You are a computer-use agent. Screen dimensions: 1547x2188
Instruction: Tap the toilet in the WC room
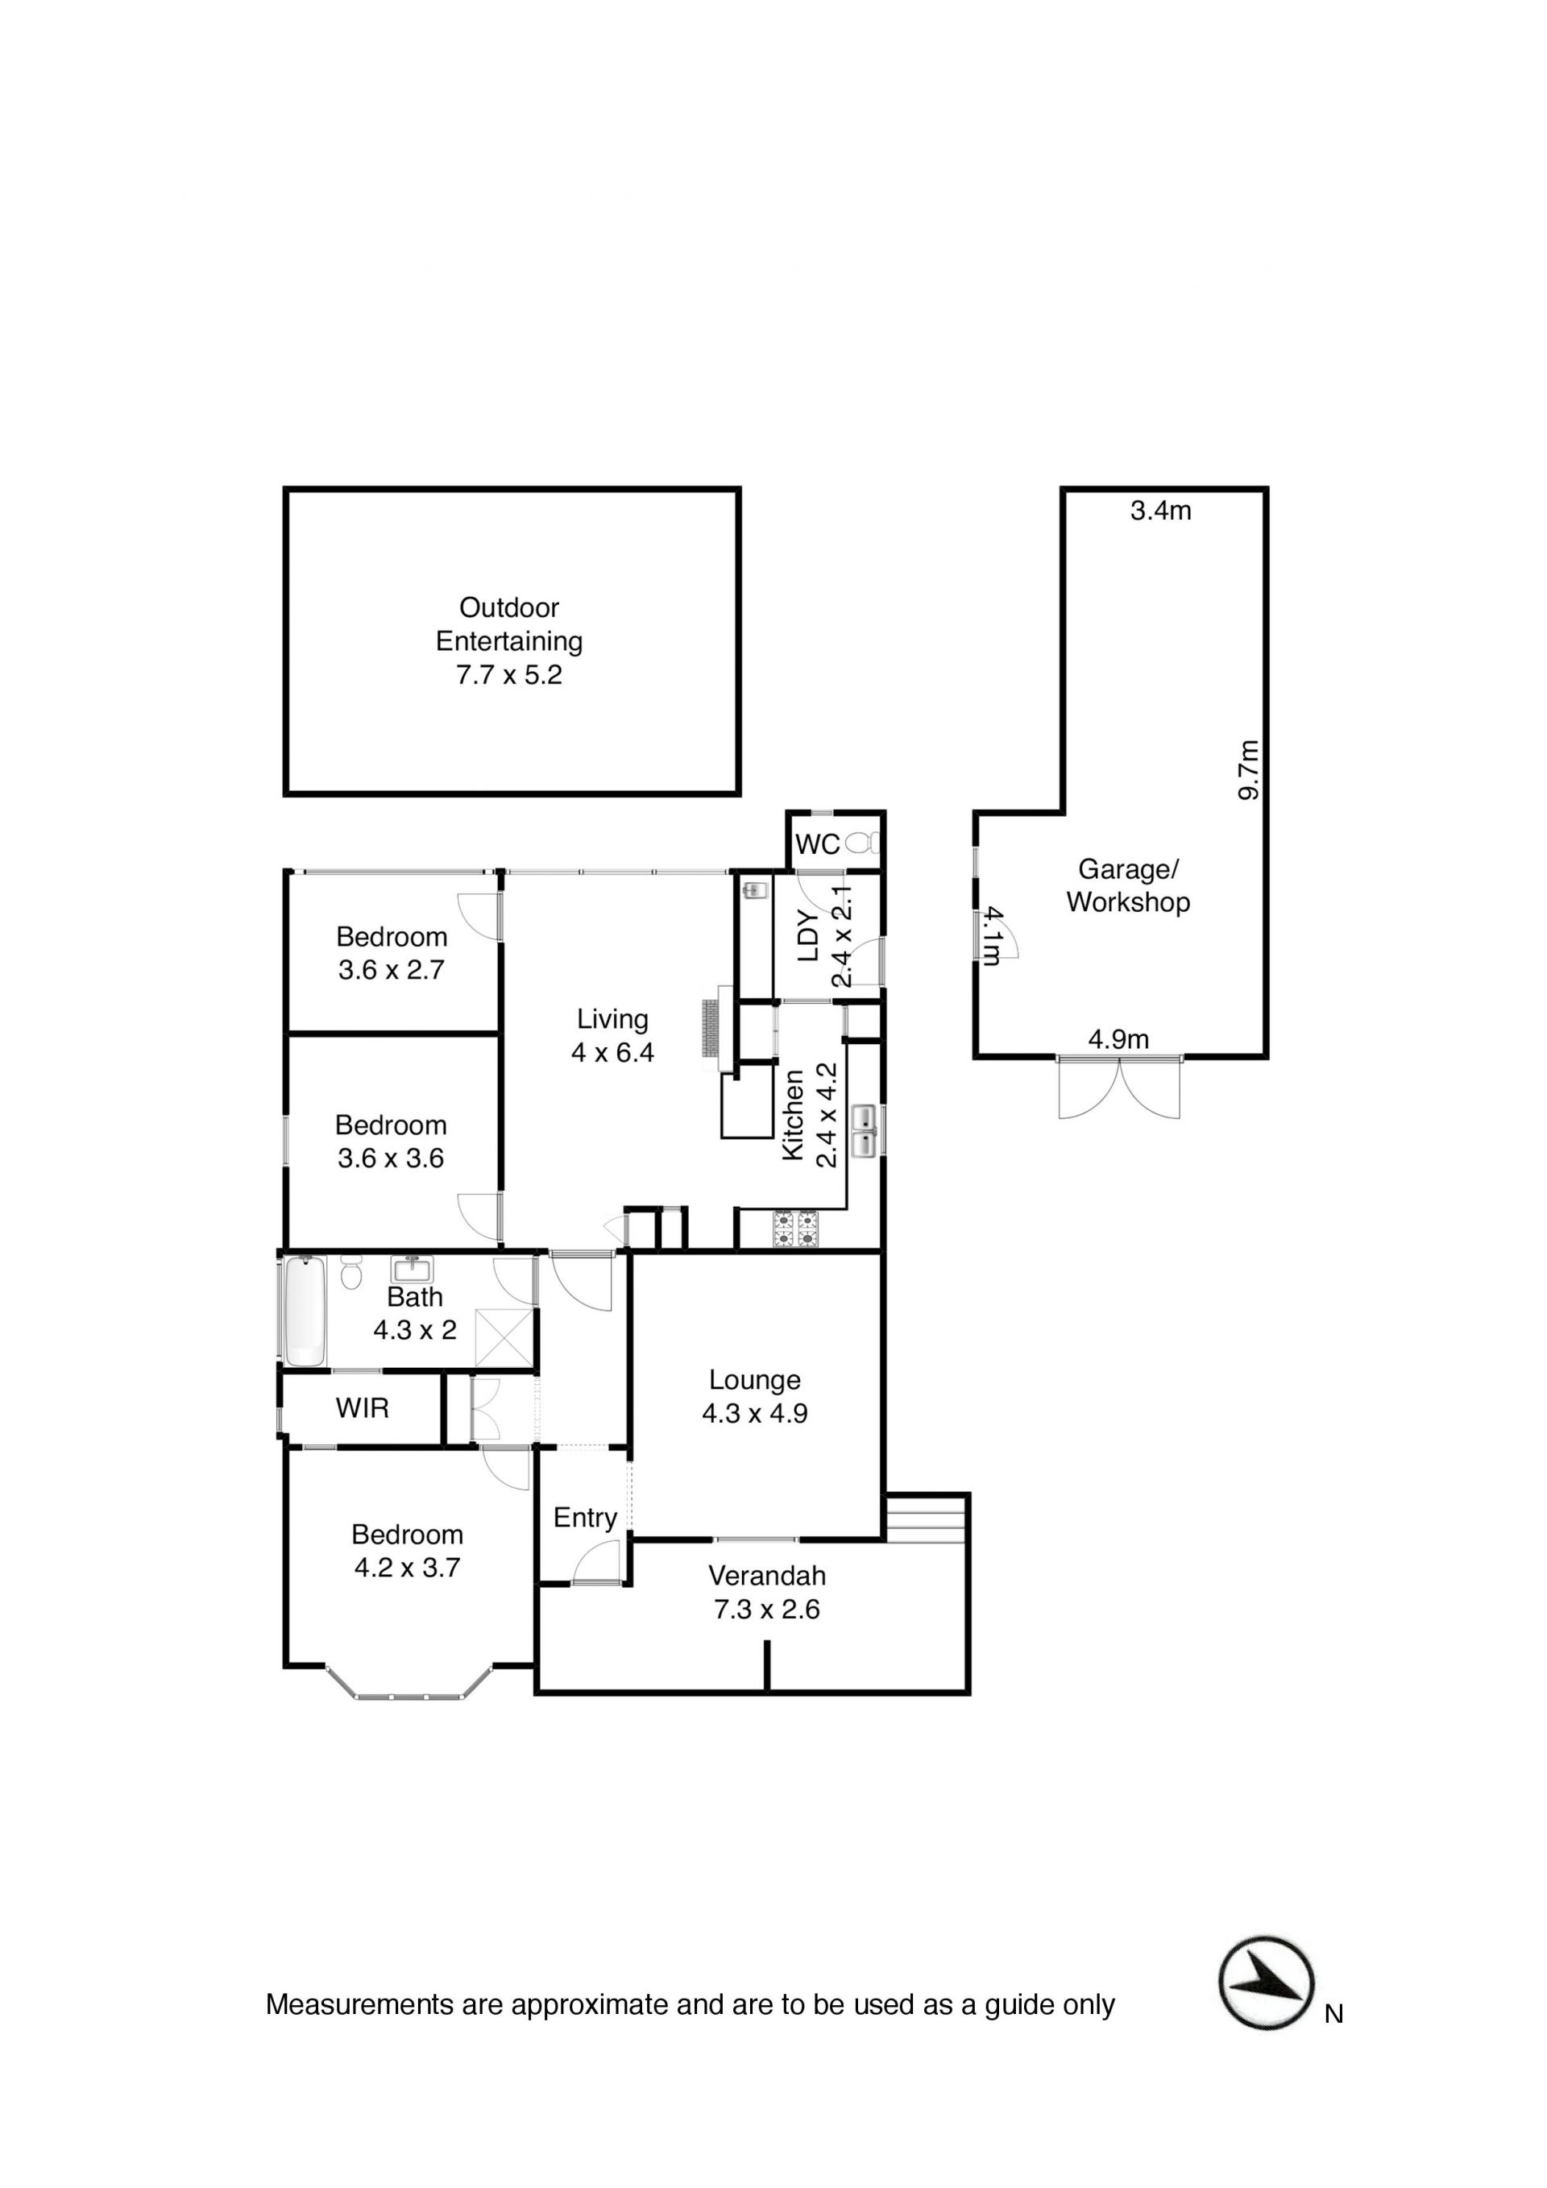pyautogui.click(x=861, y=843)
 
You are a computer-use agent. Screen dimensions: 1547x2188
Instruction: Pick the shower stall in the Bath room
pyautogui.click(x=504, y=1339)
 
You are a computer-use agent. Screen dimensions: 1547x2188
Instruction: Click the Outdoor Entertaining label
pyautogui.click(x=509, y=641)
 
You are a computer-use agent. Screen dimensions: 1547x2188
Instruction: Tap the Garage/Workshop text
pyautogui.click(x=1129, y=885)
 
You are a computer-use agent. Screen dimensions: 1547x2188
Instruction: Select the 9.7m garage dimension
pyautogui.click(x=1250, y=770)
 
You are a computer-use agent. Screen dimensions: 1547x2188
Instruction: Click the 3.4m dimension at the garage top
pyautogui.click(x=1161, y=511)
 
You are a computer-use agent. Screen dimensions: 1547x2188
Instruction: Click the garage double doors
pyautogui.click(x=1119, y=1088)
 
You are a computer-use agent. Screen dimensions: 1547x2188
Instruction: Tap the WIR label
pyautogui.click(x=363, y=1407)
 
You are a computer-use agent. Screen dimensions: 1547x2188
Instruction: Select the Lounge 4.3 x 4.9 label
pyautogui.click(x=755, y=1396)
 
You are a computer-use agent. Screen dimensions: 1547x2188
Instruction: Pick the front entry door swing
pyautogui.click(x=598, y=1564)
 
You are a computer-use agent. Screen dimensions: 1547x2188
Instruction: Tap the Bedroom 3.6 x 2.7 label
pyautogui.click(x=392, y=953)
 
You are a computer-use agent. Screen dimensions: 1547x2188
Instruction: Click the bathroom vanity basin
pyautogui.click(x=413, y=1270)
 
